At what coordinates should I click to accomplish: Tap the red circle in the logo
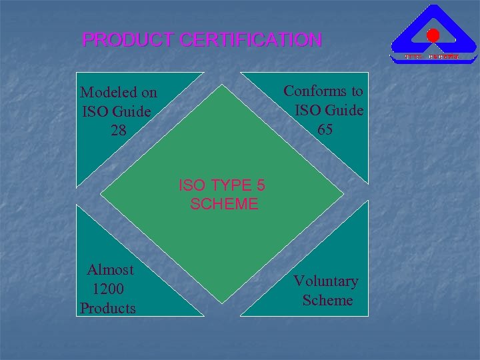click(433, 35)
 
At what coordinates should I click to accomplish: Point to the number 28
click(118, 129)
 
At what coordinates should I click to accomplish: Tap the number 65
click(325, 129)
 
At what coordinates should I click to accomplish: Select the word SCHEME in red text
click(224, 204)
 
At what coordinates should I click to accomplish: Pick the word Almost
click(111, 270)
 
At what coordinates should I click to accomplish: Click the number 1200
click(107, 289)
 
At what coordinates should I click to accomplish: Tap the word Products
click(108, 308)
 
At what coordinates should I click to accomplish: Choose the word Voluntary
click(326, 281)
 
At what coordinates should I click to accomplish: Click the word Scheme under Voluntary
click(327, 301)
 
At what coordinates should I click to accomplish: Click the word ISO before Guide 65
click(307, 109)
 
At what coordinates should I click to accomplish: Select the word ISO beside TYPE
click(191, 185)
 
